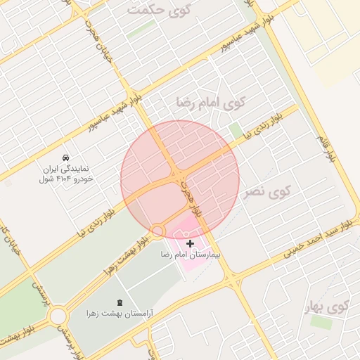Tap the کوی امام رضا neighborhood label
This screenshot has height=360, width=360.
click(x=210, y=103)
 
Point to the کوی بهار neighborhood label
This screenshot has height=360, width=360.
click(x=328, y=307)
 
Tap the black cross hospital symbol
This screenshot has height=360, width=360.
click(x=190, y=243)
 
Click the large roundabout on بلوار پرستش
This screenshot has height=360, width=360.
click(x=58, y=316)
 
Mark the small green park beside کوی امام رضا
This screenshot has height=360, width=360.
click(x=236, y=130)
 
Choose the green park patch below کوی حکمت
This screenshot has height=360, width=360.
click(x=141, y=29)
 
